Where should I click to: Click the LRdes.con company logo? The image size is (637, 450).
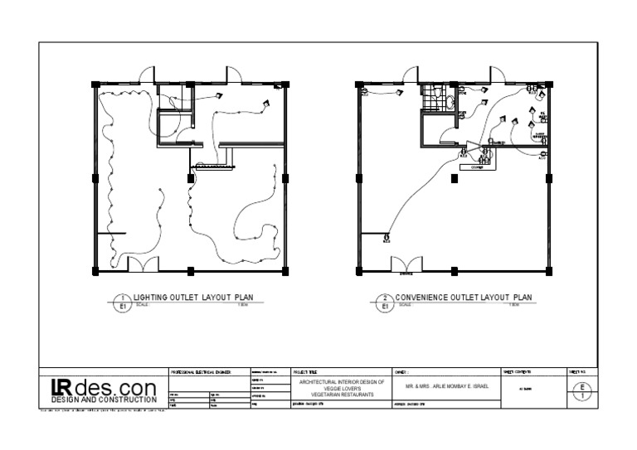pyautogui.click(x=103, y=386)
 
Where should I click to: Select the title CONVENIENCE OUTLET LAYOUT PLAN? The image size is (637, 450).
pyautogui.click(x=464, y=297)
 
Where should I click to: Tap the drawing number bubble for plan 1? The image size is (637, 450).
pyautogui.click(x=122, y=302)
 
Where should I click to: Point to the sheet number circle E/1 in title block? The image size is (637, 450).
pyautogui.click(x=583, y=391)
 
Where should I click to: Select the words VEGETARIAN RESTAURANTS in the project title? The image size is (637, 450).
pyautogui.click(x=331, y=395)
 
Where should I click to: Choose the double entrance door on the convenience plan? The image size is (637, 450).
pyautogui.click(x=406, y=264)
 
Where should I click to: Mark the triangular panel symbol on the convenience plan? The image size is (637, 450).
pyautogui.click(x=473, y=148)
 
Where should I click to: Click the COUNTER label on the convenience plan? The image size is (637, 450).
pyautogui.click(x=476, y=166)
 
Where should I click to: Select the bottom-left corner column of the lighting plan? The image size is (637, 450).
pyautogui.click(x=95, y=271)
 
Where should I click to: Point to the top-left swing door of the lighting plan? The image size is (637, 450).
pyautogui.click(x=145, y=75)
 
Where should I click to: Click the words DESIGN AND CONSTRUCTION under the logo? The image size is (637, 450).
pyautogui.click(x=103, y=399)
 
